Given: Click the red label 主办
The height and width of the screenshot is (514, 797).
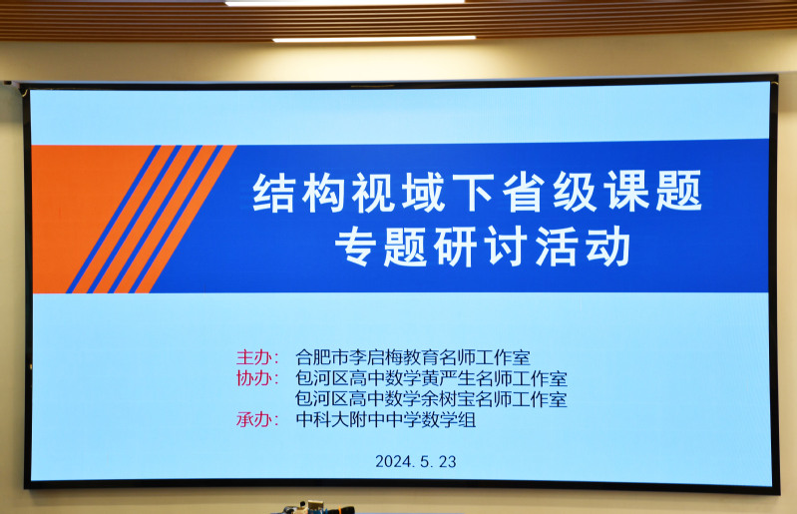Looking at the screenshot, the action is coord(253,357).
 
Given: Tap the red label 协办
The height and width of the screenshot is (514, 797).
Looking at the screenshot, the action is coord(253,378).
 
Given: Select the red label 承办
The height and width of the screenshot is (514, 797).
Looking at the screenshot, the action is coord(253,419).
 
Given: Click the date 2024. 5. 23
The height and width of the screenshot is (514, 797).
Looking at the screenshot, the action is coord(416,462).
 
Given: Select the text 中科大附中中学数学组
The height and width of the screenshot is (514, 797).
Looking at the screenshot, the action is coord(386,420).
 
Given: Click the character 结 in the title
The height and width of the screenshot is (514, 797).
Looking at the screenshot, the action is coord(273,193).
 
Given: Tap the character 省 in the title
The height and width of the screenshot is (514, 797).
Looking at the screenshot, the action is coord(525,192).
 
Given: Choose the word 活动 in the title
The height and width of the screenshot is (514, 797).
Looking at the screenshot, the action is coord(584,247).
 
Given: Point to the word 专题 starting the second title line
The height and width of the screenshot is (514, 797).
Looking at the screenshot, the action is coord(380,247).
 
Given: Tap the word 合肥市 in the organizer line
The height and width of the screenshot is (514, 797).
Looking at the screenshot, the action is coord(322,357).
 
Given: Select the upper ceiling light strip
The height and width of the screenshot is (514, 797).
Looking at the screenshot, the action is coord(344,2).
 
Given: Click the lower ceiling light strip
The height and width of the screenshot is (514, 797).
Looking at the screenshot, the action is coord(374,39).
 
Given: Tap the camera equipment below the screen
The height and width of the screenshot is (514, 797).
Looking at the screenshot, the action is coord(317,507).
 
